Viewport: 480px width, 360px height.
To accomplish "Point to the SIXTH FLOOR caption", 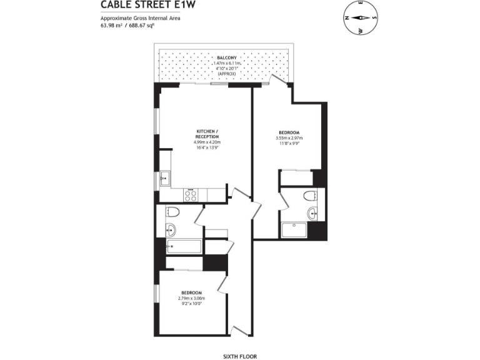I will tap(239, 356).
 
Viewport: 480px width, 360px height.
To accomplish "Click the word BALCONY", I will tap(226, 57).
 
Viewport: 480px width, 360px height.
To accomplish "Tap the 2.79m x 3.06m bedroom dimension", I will tap(191, 299).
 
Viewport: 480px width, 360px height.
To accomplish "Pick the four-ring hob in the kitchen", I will tap(191, 195).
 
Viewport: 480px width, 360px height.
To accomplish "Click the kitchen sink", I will tap(165, 179).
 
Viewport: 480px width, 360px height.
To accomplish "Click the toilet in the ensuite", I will tap(311, 196).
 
